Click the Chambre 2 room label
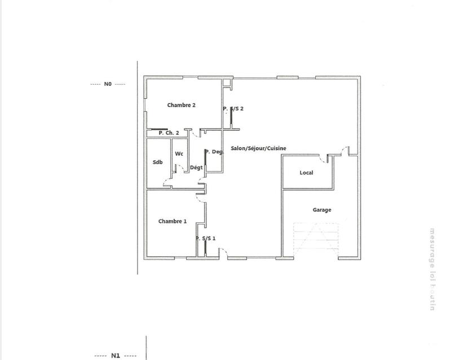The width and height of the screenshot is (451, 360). (x=181, y=106)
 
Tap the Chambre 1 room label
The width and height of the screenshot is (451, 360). (x=172, y=221)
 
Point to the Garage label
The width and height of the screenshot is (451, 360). (x=322, y=210)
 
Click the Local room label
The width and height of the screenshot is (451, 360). (x=306, y=173)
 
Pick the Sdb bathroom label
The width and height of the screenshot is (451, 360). (x=157, y=163)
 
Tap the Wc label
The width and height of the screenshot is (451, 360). (x=179, y=154)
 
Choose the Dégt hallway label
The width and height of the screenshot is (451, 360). (x=196, y=168)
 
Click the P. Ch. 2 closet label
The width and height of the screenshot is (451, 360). (x=169, y=133)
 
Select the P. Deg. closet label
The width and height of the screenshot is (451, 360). (x=214, y=152)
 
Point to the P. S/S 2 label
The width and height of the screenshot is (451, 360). (x=233, y=108)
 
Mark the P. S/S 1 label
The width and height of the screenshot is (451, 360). (x=206, y=239)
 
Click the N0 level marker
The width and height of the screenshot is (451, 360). (x=108, y=84)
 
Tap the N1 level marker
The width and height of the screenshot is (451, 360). (x=115, y=355)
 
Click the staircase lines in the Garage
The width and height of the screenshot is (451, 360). (x=316, y=240)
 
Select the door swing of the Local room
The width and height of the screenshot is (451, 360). (x=325, y=156)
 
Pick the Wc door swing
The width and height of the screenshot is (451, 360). (x=179, y=168)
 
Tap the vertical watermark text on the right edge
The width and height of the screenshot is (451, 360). (x=433, y=265)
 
